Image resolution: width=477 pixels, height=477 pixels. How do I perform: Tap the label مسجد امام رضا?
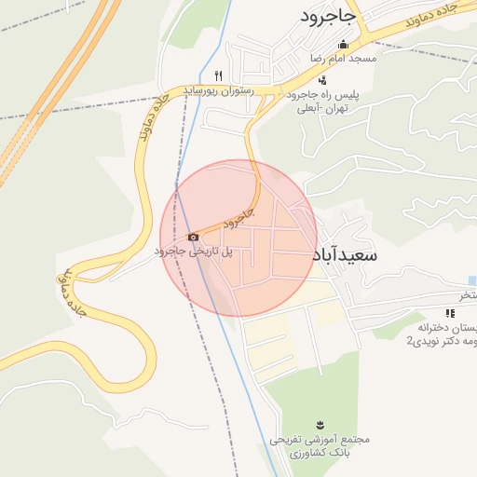(x=343, y=58)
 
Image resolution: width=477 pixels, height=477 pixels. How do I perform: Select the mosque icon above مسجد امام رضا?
(x=343, y=44)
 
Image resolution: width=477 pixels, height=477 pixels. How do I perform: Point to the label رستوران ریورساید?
(x=213, y=89)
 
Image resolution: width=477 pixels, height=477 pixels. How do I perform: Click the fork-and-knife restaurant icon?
(x=218, y=75)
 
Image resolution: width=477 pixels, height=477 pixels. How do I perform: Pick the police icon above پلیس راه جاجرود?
(x=322, y=80)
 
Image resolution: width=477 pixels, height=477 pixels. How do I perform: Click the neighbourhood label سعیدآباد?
(x=345, y=253)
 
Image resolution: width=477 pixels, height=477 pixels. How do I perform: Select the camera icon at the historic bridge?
(x=193, y=237)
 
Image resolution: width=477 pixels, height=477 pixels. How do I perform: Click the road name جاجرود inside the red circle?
(x=239, y=219)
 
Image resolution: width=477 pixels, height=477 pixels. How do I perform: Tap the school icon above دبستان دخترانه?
(x=451, y=313)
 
